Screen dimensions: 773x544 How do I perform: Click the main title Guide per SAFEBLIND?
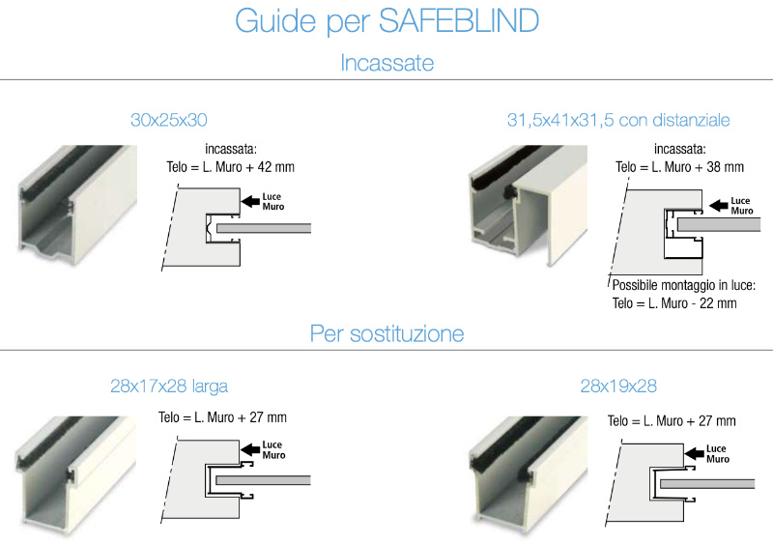click(x=387, y=21)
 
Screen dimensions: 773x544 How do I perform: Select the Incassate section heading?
click(x=387, y=63)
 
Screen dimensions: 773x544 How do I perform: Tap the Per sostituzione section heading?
click(x=387, y=334)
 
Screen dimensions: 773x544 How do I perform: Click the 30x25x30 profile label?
click(x=168, y=120)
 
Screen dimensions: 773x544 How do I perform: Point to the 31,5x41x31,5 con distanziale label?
click(x=618, y=120)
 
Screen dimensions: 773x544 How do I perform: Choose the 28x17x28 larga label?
click(x=169, y=387)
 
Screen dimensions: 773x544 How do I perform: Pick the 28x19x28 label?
click(x=618, y=386)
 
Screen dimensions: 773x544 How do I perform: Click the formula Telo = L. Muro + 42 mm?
click(x=230, y=167)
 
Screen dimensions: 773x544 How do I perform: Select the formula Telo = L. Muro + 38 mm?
click(x=679, y=167)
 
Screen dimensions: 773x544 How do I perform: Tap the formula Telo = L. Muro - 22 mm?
click(x=674, y=303)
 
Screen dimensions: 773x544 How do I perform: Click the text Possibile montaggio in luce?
click(x=684, y=285)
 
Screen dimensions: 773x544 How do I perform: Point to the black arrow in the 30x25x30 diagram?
click(x=250, y=201)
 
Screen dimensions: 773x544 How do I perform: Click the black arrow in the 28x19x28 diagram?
click(x=695, y=453)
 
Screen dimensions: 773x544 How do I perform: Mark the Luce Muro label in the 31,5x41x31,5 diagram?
click(x=742, y=206)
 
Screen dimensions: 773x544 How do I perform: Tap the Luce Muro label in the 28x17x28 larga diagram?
click(x=273, y=450)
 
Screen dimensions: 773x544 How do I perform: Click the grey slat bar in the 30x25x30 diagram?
click(x=264, y=228)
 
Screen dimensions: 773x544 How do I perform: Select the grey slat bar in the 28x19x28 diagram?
click(x=707, y=484)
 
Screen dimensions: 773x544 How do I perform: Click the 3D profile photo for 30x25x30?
click(x=77, y=204)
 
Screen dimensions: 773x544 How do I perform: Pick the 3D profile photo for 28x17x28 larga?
click(x=75, y=475)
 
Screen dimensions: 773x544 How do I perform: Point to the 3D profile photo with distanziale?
click(x=528, y=205)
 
